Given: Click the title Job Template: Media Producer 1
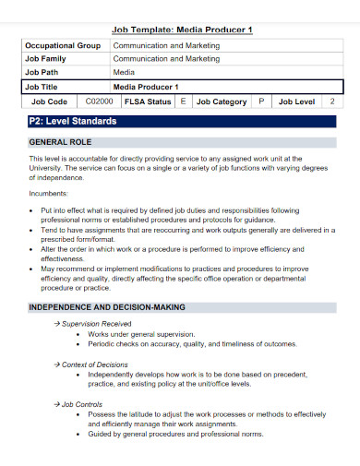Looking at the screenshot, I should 181,30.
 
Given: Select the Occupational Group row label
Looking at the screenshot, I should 63,44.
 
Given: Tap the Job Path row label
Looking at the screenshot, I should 42,72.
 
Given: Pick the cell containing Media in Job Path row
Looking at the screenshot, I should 124,72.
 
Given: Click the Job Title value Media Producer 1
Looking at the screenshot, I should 146,86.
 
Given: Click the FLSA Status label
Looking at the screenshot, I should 148,102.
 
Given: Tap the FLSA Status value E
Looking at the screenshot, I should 183,102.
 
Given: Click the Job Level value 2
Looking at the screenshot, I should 331,102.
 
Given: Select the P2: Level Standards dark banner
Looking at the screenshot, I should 181,121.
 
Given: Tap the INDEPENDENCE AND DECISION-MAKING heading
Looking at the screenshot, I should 107,306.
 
